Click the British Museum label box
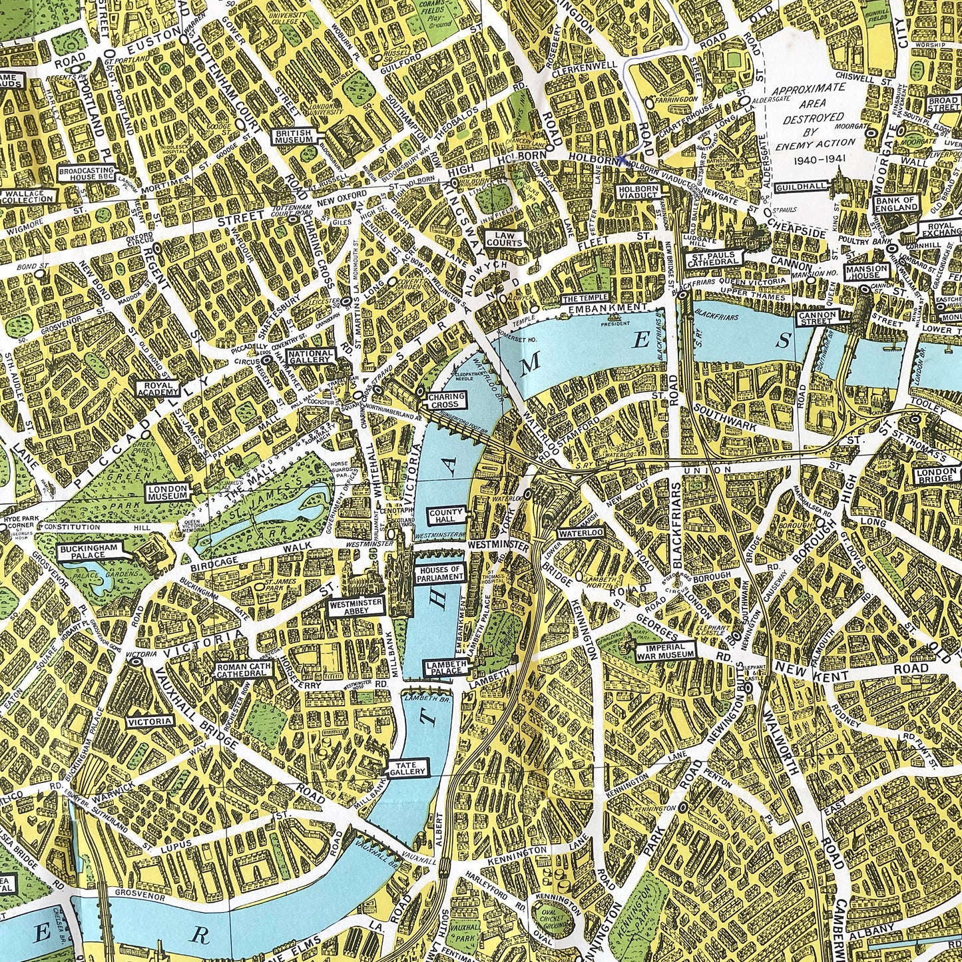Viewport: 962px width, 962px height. (x=294, y=137)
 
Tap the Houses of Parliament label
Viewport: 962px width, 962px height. (x=439, y=574)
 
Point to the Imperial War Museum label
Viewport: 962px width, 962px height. (x=666, y=650)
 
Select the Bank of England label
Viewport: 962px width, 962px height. (x=896, y=204)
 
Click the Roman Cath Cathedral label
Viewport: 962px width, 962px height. (x=244, y=670)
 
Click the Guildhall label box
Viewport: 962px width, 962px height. (x=799, y=188)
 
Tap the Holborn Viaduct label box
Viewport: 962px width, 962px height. (x=638, y=193)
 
